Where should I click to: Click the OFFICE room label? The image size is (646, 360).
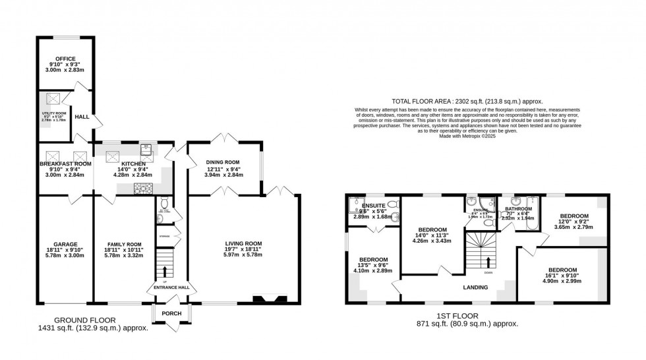[x=65, y=59]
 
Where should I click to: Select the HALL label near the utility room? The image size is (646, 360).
[x=82, y=117]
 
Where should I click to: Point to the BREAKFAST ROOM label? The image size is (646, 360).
[x=65, y=164]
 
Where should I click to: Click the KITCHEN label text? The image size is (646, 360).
[x=123, y=164]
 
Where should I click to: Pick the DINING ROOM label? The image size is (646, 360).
[x=223, y=162]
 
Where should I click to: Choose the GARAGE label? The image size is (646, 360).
[x=65, y=244]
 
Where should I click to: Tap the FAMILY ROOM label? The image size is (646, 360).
[x=124, y=244]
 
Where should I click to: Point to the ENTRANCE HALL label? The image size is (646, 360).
[x=171, y=287]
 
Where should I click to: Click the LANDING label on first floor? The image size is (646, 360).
[x=475, y=287]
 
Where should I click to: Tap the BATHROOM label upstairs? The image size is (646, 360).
[x=519, y=209]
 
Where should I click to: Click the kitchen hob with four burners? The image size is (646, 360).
[x=143, y=189]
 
